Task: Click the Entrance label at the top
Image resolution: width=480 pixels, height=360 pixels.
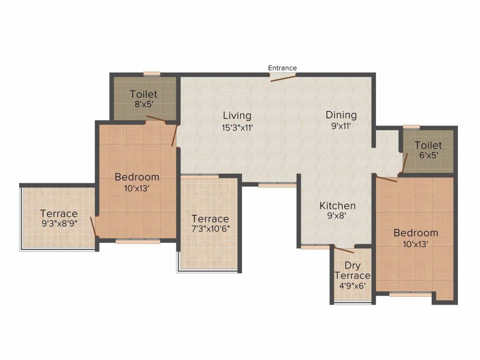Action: (x=282, y=68)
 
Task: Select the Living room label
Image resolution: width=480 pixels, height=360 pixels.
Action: (x=237, y=115)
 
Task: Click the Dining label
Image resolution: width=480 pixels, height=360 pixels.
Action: (x=341, y=115)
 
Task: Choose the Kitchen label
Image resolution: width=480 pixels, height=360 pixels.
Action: (x=337, y=205)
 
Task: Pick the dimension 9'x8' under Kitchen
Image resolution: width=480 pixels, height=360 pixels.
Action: (x=337, y=216)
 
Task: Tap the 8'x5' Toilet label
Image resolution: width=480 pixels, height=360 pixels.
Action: (x=144, y=94)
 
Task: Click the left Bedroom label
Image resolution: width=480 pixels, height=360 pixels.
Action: (x=137, y=177)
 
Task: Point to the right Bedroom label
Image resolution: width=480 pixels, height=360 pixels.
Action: (x=416, y=233)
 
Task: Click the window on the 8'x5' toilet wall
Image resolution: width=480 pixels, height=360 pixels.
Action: (x=152, y=74)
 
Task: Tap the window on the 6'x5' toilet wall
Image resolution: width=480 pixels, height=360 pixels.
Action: (x=411, y=127)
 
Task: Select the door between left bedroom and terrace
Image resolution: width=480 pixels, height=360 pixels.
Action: (x=94, y=227)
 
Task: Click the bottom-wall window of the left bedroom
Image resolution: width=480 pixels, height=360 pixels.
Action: (x=138, y=241)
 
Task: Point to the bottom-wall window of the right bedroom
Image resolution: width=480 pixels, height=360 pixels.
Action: (x=410, y=294)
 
